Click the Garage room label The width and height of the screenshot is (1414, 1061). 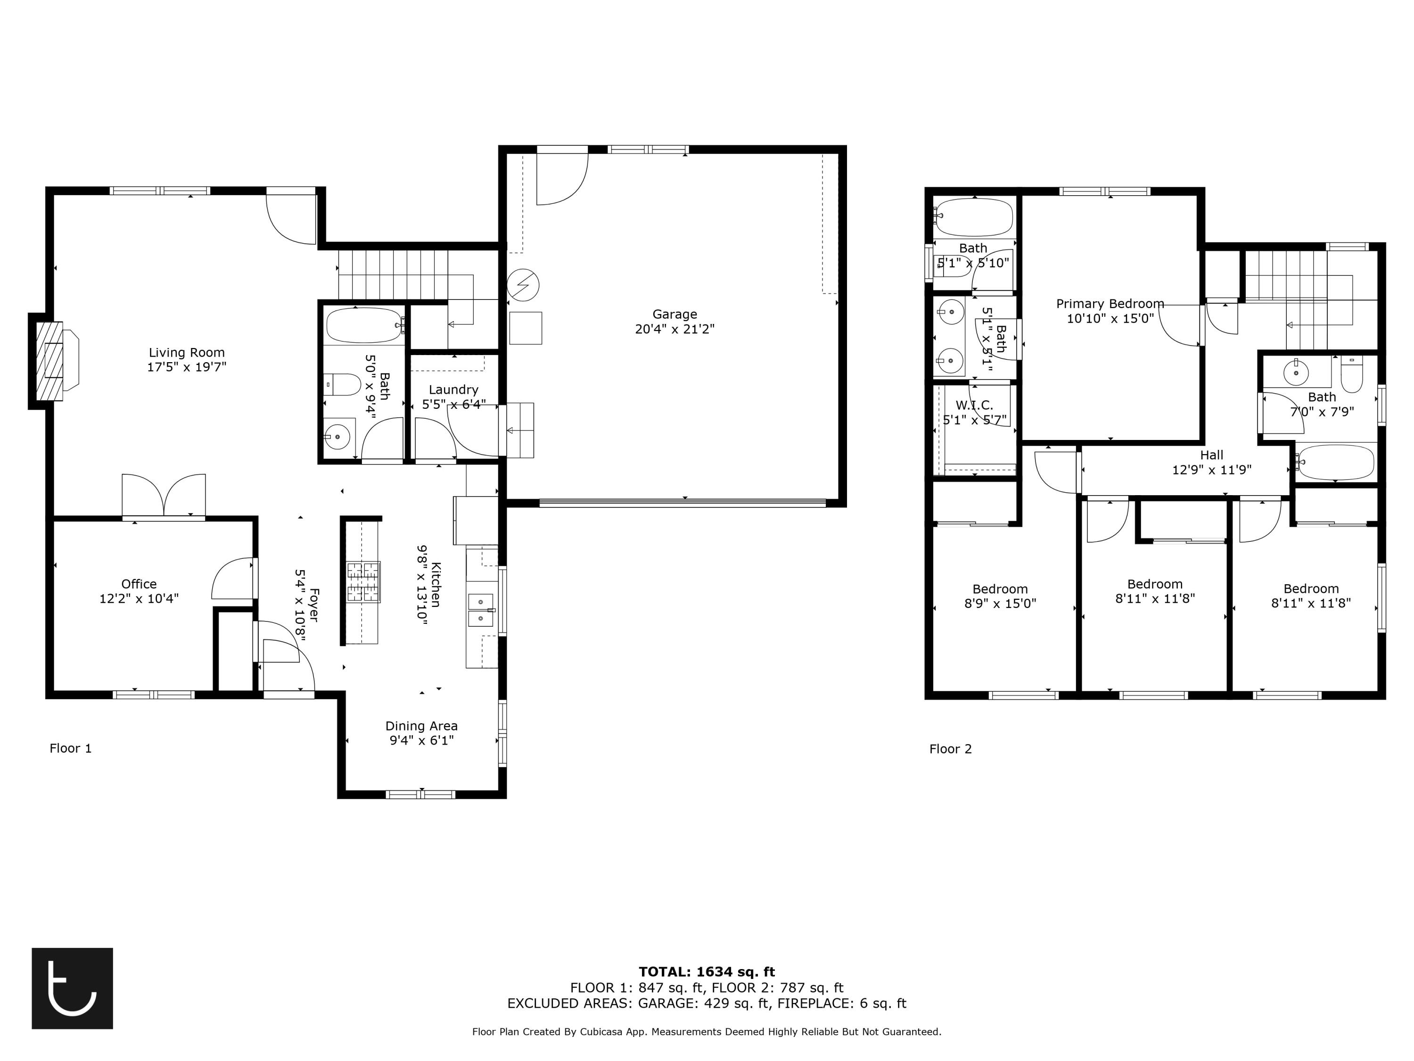point(674,315)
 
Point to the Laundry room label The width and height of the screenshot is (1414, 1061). point(453,390)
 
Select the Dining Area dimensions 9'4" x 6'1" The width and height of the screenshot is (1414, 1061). point(421,741)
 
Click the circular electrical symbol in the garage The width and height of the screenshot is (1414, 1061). point(523,285)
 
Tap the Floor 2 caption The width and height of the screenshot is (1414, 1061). point(950,749)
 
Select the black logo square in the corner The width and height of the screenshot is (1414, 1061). point(72,988)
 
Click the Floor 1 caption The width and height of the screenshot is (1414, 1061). point(70,748)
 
